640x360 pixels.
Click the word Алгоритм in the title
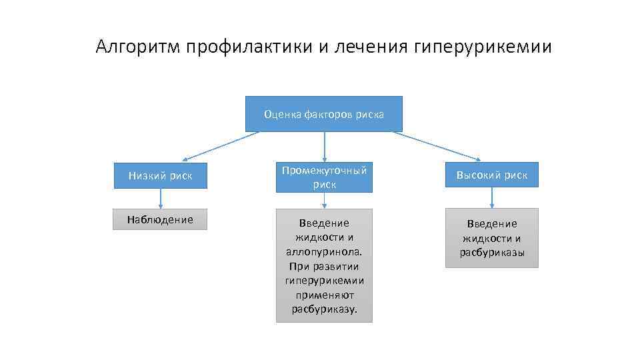click(138, 47)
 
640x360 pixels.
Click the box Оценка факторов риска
click(324, 114)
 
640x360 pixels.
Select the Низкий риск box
click(161, 176)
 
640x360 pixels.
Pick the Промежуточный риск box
click(324, 177)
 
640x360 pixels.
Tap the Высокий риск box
click(492, 175)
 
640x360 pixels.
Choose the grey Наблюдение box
click(161, 219)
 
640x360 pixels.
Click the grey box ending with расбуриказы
click(492, 238)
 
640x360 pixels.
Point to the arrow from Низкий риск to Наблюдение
click(161, 199)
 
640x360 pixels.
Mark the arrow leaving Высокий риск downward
click(492, 197)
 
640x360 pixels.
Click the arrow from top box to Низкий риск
click(220, 146)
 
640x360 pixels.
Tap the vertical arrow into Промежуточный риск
click(325, 147)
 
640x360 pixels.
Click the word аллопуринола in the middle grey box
click(324, 252)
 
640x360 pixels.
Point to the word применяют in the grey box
click(325, 294)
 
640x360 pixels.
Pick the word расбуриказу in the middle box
click(323, 309)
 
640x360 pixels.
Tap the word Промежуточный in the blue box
click(324, 171)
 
